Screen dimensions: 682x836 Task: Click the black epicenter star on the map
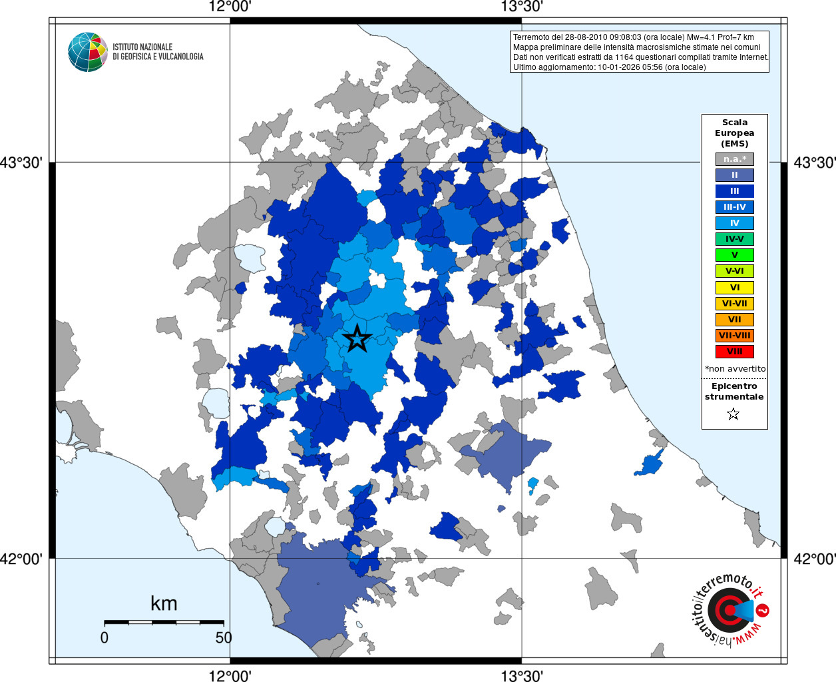pyautogui.click(x=357, y=339)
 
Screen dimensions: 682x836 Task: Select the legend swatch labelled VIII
pyautogui.click(x=734, y=352)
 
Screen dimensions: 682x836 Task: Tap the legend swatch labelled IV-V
pyautogui.click(x=734, y=239)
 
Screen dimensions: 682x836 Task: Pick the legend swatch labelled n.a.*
pyautogui.click(x=734, y=159)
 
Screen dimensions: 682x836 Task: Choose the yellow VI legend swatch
pyautogui.click(x=734, y=288)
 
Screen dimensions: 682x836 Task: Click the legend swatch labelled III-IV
pyautogui.click(x=734, y=207)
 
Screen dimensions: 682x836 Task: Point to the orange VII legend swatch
pyautogui.click(x=734, y=320)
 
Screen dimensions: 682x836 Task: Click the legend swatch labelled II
pyautogui.click(x=734, y=175)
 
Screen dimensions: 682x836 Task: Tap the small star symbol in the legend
pyautogui.click(x=733, y=414)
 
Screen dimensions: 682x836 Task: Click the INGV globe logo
pyautogui.click(x=87, y=52)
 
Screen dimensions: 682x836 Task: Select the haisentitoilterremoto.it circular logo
pyautogui.click(x=730, y=609)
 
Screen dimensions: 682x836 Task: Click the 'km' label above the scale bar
pyautogui.click(x=164, y=603)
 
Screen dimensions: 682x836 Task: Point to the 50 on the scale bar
pyautogui.click(x=224, y=637)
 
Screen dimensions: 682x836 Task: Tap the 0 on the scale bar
pyautogui.click(x=104, y=637)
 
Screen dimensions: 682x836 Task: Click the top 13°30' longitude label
pyautogui.click(x=522, y=7)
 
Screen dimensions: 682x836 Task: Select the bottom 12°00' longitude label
pyautogui.click(x=230, y=676)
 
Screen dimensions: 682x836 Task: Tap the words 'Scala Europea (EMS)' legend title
pyautogui.click(x=734, y=133)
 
